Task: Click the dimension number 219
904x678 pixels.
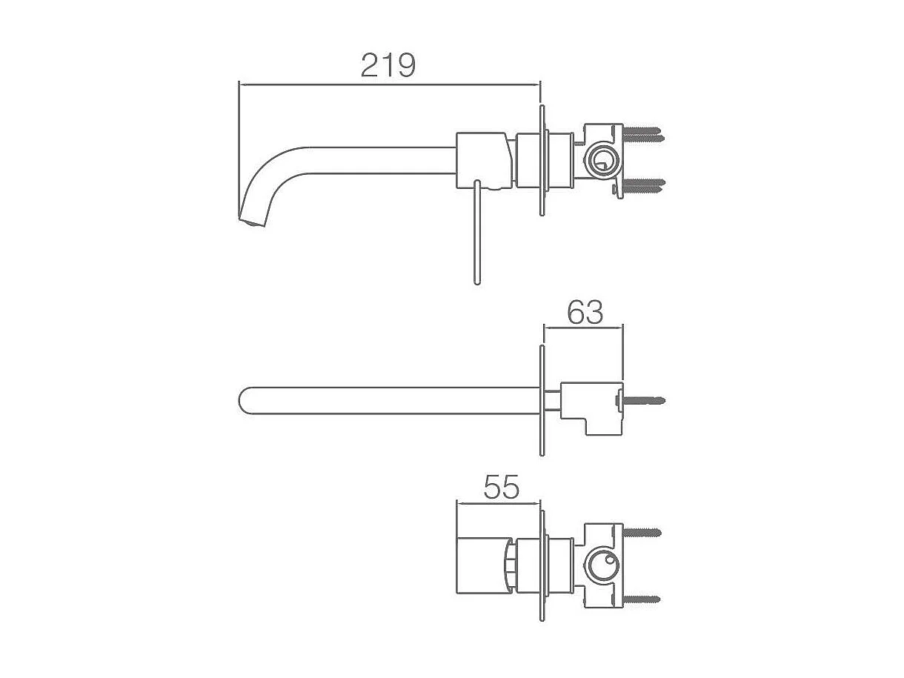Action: click(388, 65)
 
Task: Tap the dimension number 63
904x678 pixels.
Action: click(585, 313)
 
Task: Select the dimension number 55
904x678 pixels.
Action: click(502, 487)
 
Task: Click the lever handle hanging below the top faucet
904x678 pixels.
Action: click(477, 232)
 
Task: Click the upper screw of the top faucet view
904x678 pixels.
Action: click(643, 135)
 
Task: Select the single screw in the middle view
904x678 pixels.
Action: click(640, 400)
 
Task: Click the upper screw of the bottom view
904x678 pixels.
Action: click(642, 533)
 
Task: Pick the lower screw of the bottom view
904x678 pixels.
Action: click(642, 599)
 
